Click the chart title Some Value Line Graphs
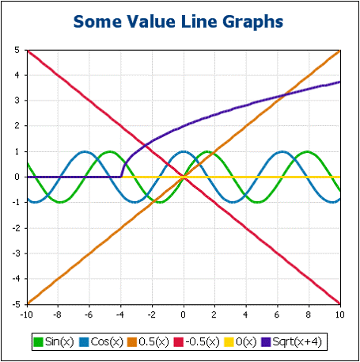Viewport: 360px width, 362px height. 180,21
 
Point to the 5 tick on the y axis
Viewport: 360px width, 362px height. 17,51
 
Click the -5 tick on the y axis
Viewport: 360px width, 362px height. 15,303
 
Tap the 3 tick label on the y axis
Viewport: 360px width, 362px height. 17,101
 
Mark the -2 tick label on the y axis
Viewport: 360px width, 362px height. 15,227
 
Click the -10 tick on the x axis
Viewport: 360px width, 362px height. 27,314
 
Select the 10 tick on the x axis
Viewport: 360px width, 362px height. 340,314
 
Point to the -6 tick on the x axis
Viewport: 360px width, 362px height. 89,314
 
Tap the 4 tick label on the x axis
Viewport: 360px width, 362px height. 246,314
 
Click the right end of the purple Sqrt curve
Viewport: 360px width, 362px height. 339,82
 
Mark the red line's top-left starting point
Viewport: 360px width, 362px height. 28,51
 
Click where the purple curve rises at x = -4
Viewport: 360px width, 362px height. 121,171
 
